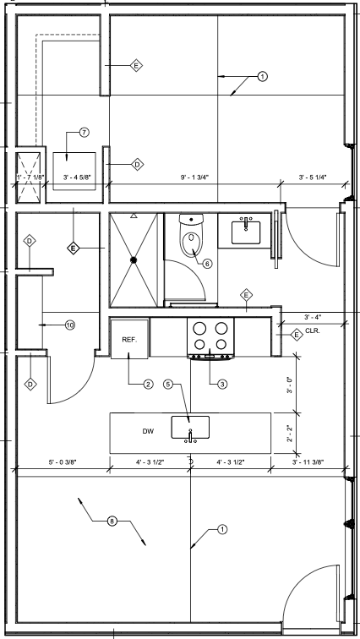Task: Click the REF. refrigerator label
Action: (129, 339)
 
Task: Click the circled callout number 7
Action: (83, 133)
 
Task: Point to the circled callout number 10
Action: (69, 324)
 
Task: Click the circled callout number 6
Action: (207, 263)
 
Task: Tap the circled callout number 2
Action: (148, 385)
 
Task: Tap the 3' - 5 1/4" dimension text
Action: (313, 177)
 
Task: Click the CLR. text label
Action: (313, 330)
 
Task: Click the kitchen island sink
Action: (191, 428)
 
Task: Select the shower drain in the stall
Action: (134, 260)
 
